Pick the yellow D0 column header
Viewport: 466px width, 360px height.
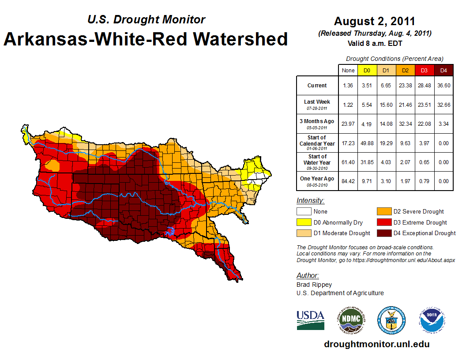[367, 71]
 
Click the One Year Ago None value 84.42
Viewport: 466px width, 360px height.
[348, 181]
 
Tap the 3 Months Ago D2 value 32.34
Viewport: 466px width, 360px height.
[405, 124]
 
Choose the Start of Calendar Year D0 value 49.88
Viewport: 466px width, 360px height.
[367, 143]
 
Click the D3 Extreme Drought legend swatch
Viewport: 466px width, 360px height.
[383, 222]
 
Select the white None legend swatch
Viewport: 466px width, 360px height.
[304, 212]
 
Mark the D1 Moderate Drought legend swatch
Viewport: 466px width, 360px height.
[304, 233]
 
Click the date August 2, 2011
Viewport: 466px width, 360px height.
[374, 21]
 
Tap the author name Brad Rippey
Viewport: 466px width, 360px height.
[314, 285]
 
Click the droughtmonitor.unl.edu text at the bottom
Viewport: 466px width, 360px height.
[376, 344]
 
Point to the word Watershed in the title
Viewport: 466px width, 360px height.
[233, 39]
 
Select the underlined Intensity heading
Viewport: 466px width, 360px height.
[310, 201]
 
